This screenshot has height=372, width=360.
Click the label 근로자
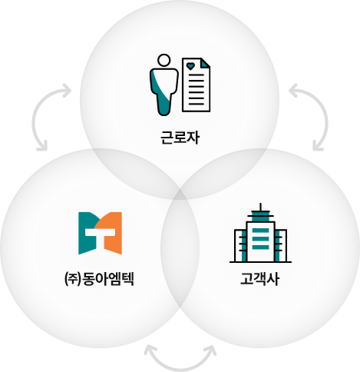(x=180, y=138)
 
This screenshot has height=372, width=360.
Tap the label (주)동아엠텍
(x=99, y=279)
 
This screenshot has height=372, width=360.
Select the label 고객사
(x=259, y=279)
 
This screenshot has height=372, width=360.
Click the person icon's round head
(x=163, y=61)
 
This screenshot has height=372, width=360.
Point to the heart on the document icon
(x=190, y=66)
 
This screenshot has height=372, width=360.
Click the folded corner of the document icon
(x=206, y=63)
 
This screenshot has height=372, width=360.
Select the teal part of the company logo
(x=86, y=233)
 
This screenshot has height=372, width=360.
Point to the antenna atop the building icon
(x=260, y=207)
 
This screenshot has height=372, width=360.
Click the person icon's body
(x=163, y=91)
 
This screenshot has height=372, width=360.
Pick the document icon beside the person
(x=197, y=85)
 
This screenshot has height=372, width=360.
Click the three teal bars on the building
(x=260, y=239)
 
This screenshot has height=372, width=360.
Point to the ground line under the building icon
(x=260, y=262)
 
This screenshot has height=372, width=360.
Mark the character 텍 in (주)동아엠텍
(x=127, y=279)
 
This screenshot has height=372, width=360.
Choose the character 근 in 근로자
(x=167, y=138)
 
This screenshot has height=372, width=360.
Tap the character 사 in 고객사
(x=272, y=279)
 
